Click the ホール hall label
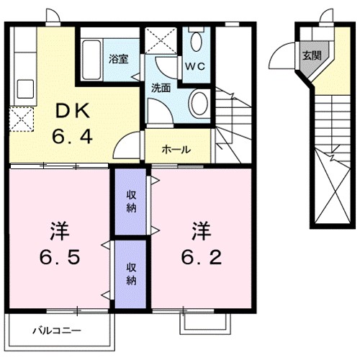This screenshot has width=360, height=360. pyautogui.click(x=176, y=150)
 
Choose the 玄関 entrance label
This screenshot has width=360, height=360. pyautogui.click(x=312, y=55)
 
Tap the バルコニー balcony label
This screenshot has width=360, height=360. pyautogui.click(x=56, y=332)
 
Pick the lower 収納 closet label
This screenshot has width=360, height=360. pyautogui.click(x=132, y=273)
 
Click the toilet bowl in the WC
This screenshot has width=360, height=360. pyautogui.click(x=195, y=42)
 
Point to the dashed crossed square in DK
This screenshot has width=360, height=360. pyautogui.click(x=22, y=118)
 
